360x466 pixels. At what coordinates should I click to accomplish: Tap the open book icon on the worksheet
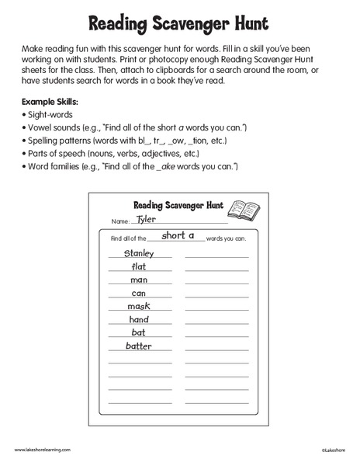pos(246,210)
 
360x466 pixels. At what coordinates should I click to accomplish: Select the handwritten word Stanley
pos(138,253)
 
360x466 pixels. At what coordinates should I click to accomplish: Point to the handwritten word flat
pos(138,266)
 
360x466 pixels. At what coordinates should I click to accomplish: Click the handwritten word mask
pos(138,306)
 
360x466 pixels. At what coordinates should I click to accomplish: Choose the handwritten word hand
pos(138,319)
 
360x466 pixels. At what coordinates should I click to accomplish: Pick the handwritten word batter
pos(138,346)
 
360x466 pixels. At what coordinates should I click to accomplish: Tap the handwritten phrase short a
pos(178,235)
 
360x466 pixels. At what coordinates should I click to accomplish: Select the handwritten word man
pos(138,280)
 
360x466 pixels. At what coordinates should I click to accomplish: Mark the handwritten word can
pos(138,293)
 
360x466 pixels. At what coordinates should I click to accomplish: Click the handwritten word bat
pos(138,332)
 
